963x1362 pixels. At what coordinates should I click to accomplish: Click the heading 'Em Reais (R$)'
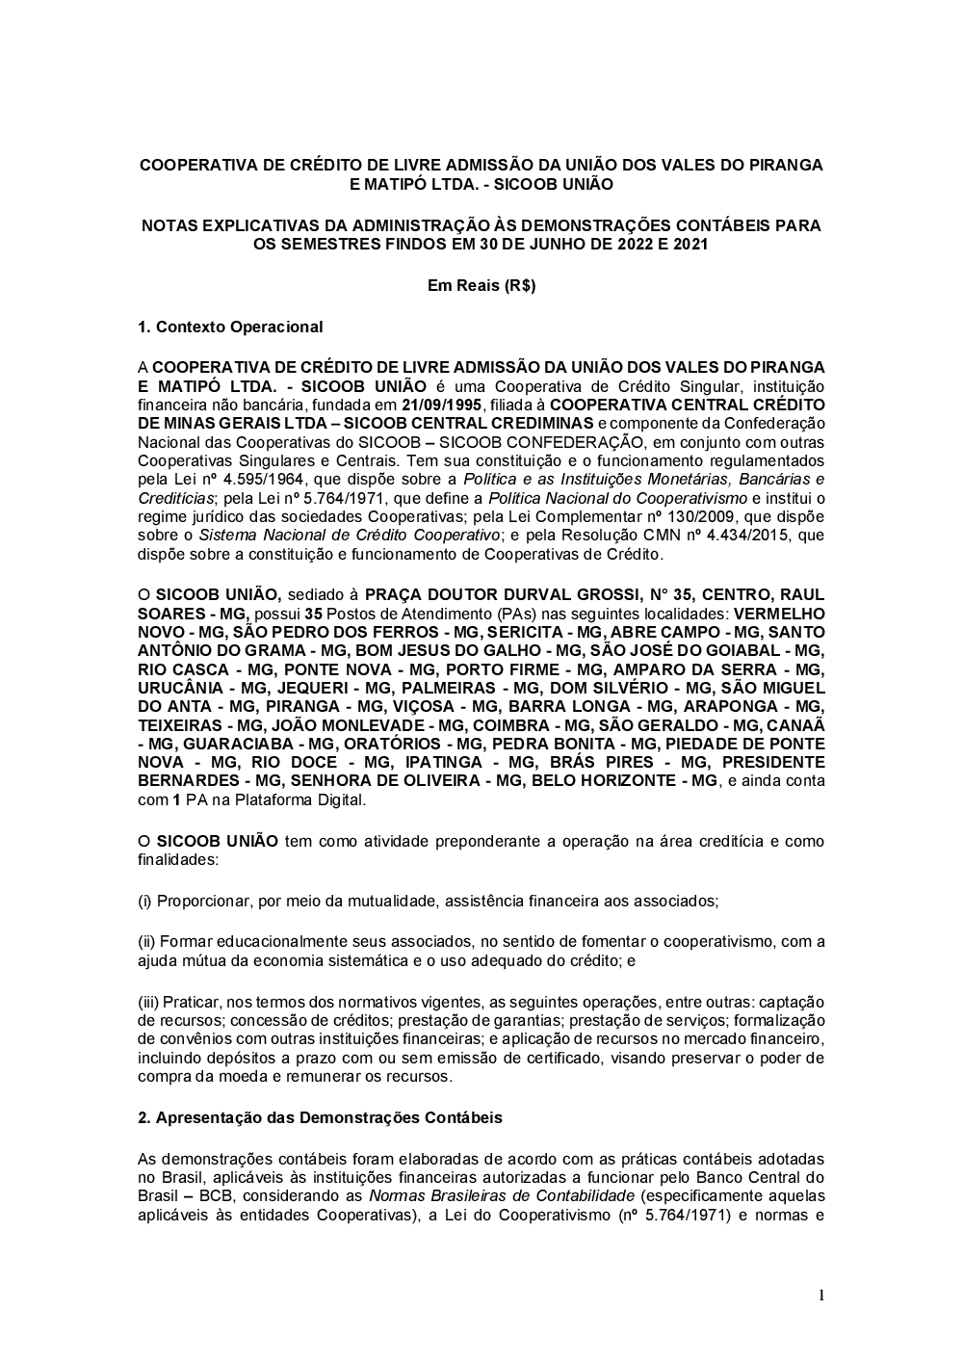(481, 286)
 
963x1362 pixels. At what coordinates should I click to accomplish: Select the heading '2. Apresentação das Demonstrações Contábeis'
(320, 1118)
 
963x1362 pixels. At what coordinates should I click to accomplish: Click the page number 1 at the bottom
(820, 1295)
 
